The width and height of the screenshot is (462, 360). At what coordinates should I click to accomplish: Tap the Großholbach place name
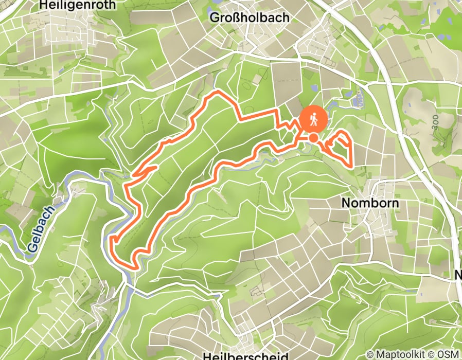tap(250, 17)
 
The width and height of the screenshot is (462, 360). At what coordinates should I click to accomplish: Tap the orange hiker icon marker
tap(313, 120)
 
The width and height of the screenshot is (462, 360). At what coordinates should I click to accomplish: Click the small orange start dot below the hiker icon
tap(313, 137)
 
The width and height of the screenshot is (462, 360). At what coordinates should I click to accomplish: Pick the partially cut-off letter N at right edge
tap(458, 275)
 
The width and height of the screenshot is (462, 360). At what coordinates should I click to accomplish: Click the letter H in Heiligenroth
tap(43, 6)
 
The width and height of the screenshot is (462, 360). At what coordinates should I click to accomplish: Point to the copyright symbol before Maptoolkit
tap(370, 354)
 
